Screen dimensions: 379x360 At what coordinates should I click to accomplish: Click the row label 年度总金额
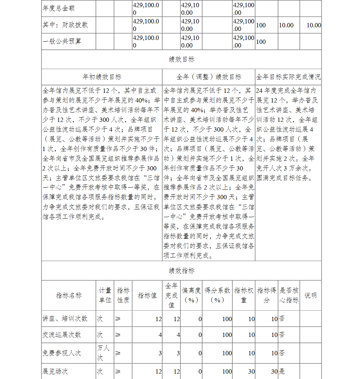(x=58, y=8)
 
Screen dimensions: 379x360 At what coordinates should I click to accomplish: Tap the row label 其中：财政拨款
(x=65, y=25)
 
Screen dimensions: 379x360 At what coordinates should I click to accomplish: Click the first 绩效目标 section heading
(x=181, y=59)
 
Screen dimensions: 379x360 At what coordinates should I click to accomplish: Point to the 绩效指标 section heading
(x=181, y=270)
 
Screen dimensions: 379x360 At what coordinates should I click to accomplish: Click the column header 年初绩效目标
(x=102, y=77)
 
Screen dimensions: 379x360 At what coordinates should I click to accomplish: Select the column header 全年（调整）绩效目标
(x=209, y=77)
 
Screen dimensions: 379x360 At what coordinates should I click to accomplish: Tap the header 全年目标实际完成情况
(x=288, y=77)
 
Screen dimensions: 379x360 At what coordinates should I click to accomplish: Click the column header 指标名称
(x=69, y=295)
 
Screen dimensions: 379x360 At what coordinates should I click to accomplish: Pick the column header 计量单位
(x=105, y=295)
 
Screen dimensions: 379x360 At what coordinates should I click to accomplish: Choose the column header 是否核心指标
(x=289, y=295)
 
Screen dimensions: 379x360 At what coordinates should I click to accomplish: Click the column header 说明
(x=310, y=295)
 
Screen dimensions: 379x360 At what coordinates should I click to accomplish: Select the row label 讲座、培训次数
(x=65, y=319)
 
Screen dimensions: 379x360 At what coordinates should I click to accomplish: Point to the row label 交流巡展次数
(x=62, y=335)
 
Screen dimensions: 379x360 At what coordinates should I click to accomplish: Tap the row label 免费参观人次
(x=62, y=353)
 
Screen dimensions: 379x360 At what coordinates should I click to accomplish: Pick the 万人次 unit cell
(x=103, y=353)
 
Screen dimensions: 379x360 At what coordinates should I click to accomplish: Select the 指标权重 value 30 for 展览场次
(x=251, y=371)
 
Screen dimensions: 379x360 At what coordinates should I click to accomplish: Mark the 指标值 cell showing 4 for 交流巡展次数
(x=160, y=335)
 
